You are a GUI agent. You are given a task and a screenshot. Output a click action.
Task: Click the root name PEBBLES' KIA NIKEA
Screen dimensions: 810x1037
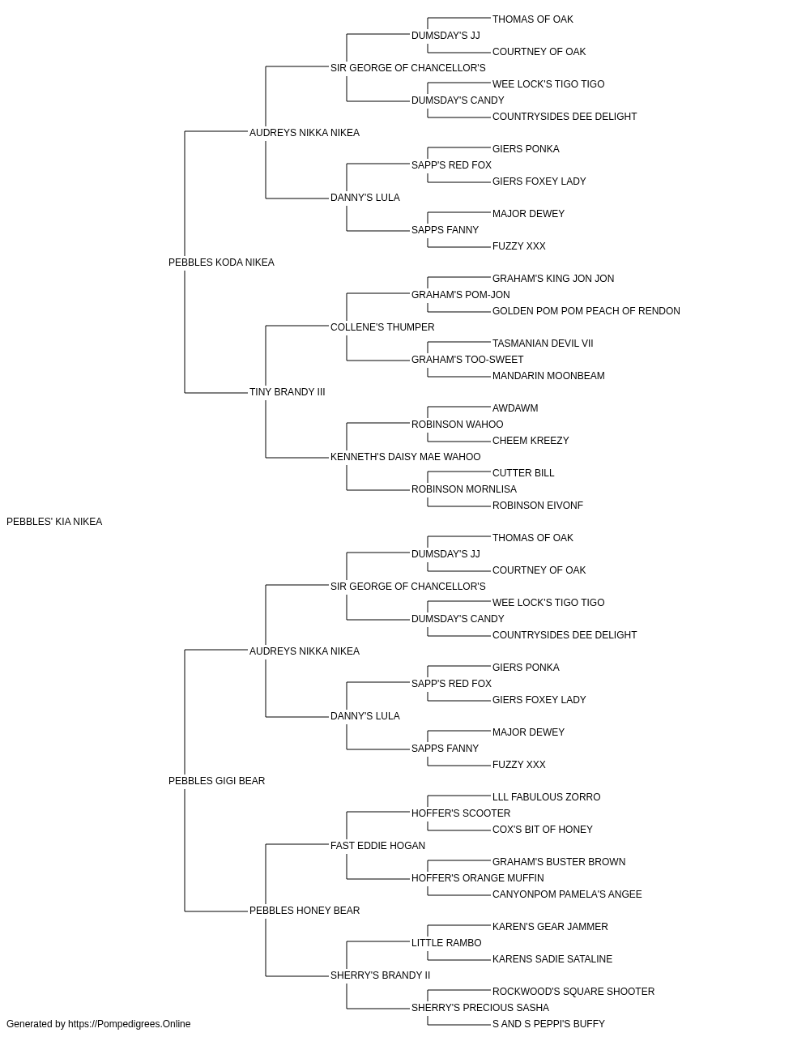tap(54, 522)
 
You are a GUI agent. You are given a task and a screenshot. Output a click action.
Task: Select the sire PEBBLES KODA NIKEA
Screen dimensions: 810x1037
tap(221, 262)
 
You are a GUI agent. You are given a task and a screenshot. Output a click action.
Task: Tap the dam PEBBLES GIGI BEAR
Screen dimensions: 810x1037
tap(216, 781)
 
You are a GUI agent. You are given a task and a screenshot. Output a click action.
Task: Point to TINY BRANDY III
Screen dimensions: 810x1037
tap(288, 392)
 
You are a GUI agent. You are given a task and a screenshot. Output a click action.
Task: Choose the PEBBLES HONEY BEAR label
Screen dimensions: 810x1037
tap(305, 911)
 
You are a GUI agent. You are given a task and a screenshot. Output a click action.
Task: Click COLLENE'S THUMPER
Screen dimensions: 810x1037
tap(382, 327)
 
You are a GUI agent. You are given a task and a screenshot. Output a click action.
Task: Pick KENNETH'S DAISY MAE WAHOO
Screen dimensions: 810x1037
tap(406, 457)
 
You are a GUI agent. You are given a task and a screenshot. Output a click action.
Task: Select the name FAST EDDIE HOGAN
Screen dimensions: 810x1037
tap(377, 846)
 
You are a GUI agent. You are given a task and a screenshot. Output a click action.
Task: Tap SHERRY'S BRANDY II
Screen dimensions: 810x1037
tap(380, 975)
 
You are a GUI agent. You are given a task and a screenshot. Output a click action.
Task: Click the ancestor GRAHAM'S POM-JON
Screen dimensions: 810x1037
tap(461, 295)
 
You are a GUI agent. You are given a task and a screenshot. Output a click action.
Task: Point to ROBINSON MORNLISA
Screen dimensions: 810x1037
tap(464, 489)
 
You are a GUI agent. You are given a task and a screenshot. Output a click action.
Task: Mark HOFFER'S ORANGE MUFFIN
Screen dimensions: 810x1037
tap(478, 878)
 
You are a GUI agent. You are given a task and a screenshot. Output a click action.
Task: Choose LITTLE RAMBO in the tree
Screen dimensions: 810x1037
tap(446, 943)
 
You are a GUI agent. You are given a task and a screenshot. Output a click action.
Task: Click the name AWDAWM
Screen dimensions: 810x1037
tap(515, 408)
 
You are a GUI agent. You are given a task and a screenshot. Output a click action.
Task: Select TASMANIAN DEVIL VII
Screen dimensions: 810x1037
tap(543, 344)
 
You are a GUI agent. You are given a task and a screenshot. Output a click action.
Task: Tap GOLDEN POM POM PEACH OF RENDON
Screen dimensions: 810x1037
tap(586, 311)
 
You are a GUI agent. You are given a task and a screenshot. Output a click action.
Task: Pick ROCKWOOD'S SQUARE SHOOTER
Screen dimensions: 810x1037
tap(573, 992)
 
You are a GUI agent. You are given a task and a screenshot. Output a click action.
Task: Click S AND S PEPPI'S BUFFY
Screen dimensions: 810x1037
tap(548, 1024)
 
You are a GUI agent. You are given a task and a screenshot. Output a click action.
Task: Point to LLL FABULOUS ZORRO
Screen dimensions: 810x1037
tap(546, 797)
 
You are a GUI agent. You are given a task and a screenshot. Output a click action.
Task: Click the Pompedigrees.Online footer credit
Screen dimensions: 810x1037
tap(98, 1024)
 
